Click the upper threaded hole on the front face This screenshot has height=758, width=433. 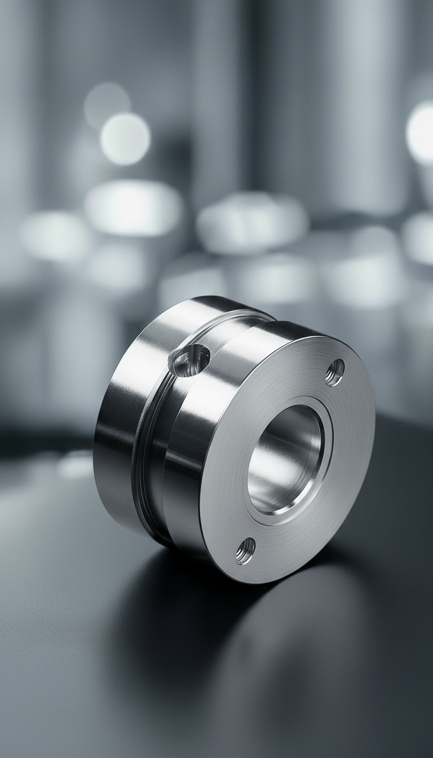coord(335,372)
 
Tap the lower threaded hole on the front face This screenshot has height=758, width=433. coord(246,550)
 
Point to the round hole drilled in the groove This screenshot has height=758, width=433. coord(191,360)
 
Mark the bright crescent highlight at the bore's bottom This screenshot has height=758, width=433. coord(276,510)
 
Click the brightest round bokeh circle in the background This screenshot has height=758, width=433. coord(125,138)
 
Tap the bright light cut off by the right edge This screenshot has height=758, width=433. coord(422,133)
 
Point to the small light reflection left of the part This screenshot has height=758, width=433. coord(73,465)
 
